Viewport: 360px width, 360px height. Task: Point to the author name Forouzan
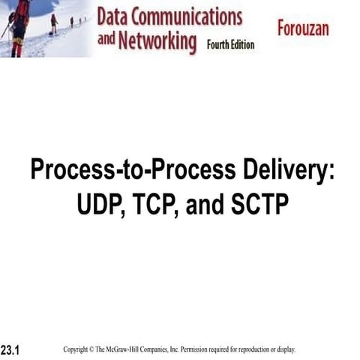311,30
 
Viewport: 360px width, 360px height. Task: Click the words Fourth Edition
230,45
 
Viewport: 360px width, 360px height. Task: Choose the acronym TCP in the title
155,204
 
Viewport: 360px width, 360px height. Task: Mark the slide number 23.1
10,351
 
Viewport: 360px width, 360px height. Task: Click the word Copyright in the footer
79,349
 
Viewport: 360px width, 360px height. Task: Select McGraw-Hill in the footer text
133,349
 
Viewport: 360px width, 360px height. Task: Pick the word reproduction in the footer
259,349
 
